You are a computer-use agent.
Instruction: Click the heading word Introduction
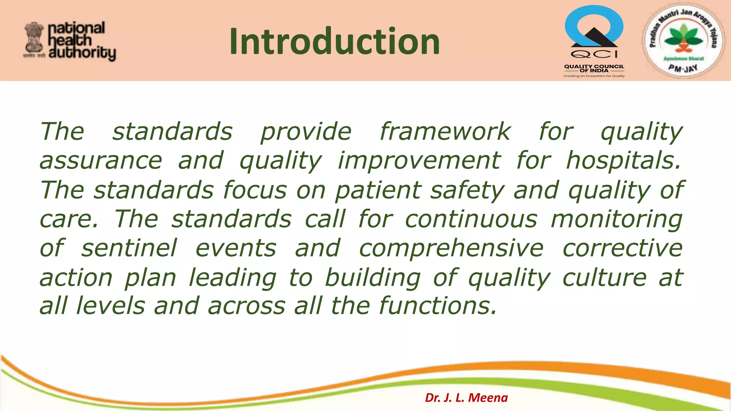pos(334,42)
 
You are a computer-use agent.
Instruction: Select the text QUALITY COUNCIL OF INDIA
pos(594,68)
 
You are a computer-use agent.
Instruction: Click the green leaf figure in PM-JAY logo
pos(683,39)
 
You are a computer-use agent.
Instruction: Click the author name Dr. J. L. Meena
pos(466,397)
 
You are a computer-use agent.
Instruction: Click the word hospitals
pos(623,161)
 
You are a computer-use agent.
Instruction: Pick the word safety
pos(467,190)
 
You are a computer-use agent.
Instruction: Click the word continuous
pos(471,219)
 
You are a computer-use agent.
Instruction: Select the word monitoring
pos(616,219)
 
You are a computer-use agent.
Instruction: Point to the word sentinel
pos(129,248)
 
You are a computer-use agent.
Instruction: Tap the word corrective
pos(622,248)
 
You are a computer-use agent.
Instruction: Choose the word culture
pos(604,278)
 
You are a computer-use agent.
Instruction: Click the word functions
pos(438,306)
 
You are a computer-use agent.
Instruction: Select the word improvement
pos(419,161)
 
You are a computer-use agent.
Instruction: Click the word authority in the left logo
pos(82,54)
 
